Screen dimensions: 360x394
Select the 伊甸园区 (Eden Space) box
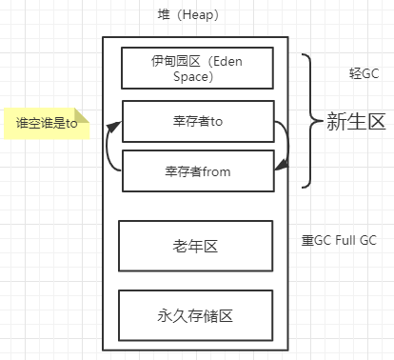tap(197, 68)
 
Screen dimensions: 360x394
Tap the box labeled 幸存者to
tap(197, 121)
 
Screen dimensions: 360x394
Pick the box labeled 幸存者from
tap(197, 171)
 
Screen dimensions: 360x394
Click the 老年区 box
tap(197, 246)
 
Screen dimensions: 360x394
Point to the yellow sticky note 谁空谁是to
tap(46, 123)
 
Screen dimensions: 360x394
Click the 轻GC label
tap(364, 73)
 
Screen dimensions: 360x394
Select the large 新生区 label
tap(355, 121)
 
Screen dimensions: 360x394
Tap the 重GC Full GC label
tap(339, 240)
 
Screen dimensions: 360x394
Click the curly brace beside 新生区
tap(308, 121)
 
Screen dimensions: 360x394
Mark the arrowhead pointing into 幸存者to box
tap(118, 123)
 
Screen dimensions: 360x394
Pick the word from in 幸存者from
tap(215, 171)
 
